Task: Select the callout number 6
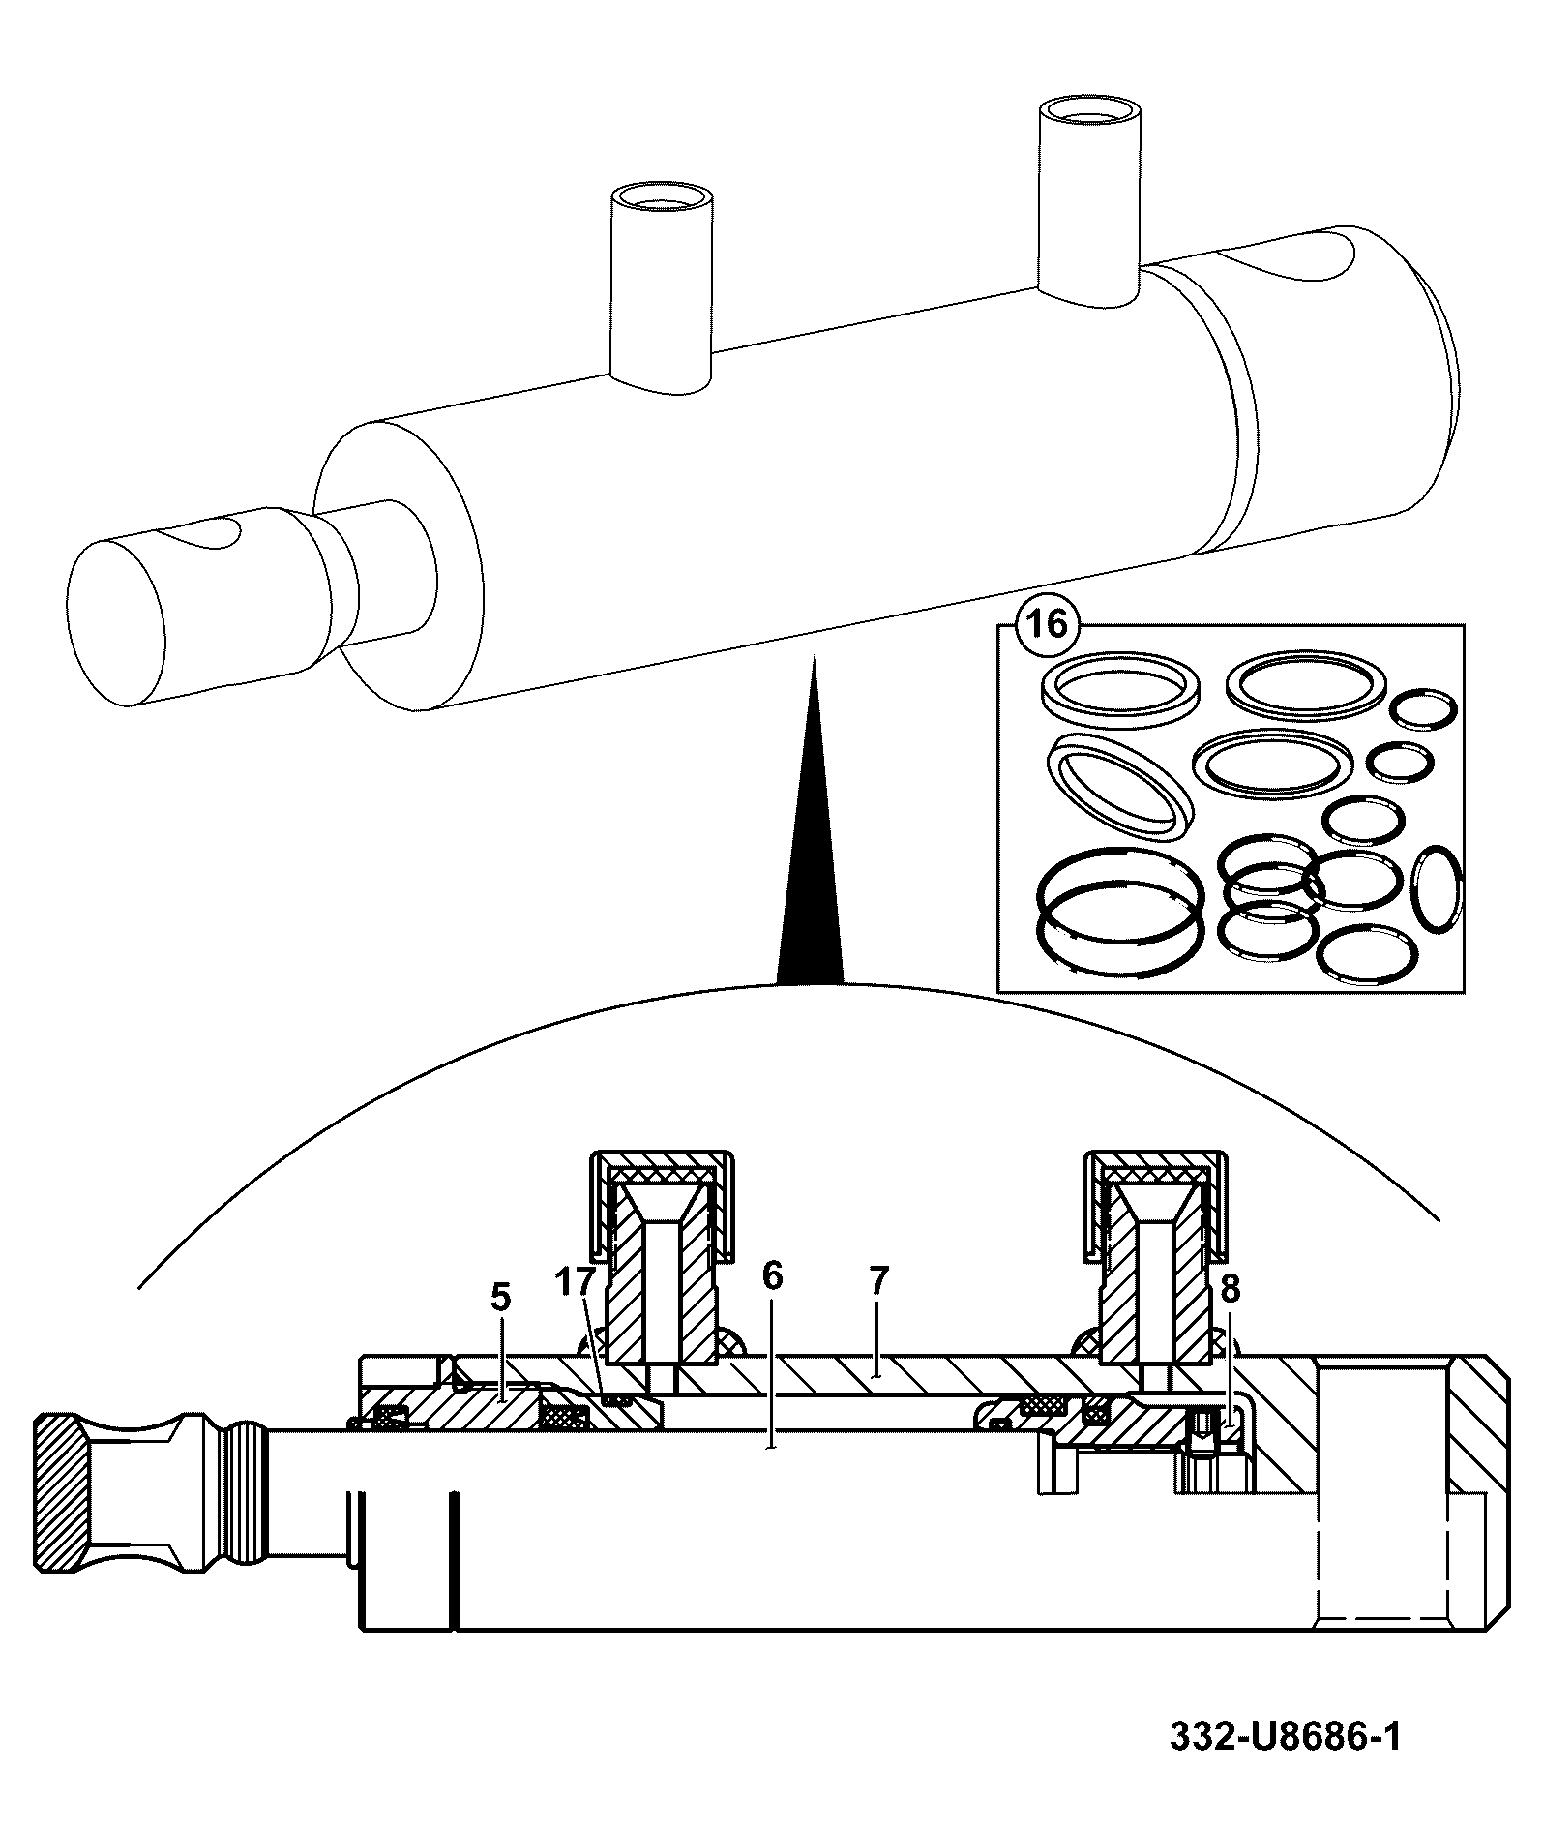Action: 771,1276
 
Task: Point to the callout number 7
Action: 878,1281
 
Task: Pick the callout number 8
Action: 1231,1288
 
